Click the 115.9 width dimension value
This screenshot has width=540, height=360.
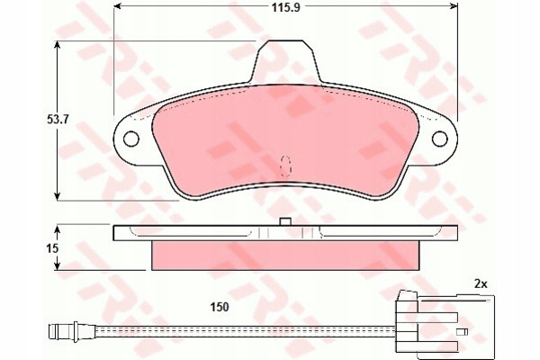pos(286,7)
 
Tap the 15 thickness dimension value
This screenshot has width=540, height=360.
pos(52,248)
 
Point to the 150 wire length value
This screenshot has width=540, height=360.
pos(220,307)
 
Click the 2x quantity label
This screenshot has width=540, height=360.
pos(481,283)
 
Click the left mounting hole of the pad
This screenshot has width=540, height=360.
pos(130,139)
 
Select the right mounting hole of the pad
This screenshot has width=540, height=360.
pos(440,139)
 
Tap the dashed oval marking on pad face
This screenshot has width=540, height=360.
pos(285,166)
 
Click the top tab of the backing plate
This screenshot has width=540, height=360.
pos(285,61)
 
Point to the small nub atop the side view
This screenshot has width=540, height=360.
pos(285,221)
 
